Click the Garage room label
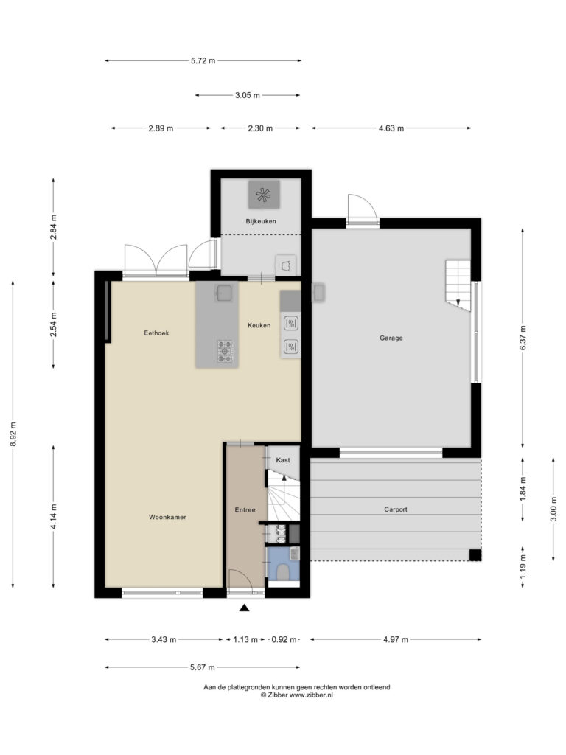[x=391, y=338]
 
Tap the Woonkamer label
[x=167, y=517]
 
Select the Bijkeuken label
[x=261, y=221]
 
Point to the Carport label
[x=396, y=509]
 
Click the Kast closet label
[x=283, y=460]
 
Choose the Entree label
[x=245, y=510]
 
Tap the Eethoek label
[x=156, y=333]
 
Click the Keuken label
[x=259, y=325]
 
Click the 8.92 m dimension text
[x=13, y=434]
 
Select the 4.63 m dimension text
[x=391, y=128]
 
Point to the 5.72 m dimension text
[x=203, y=60]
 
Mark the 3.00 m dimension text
[x=553, y=509]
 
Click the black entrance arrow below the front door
[x=245, y=608]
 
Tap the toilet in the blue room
[x=284, y=573]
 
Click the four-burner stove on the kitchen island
[x=224, y=352]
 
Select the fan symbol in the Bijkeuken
[x=263, y=195]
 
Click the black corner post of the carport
[x=475, y=555]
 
